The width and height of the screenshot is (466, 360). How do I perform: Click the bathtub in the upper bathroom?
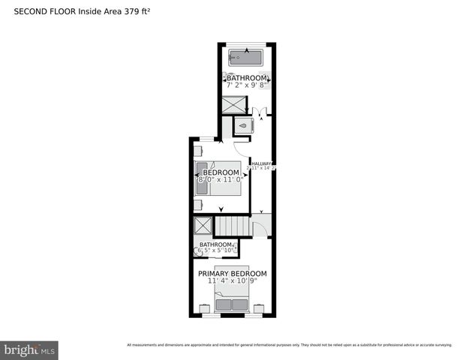click(x=246, y=56)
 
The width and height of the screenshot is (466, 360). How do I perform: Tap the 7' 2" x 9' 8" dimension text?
click(x=247, y=85)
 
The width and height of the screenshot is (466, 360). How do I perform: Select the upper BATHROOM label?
click(x=247, y=78)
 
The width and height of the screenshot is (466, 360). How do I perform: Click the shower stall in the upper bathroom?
click(x=233, y=106)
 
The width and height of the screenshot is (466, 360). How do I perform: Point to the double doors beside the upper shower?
click(x=259, y=112)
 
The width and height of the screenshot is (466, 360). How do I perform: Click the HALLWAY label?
click(x=261, y=163)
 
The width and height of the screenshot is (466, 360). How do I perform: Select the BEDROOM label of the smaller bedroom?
click(x=221, y=172)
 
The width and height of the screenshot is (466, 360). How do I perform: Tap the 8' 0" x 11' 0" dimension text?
click(x=221, y=180)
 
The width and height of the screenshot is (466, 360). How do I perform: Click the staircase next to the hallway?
click(x=231, y=226)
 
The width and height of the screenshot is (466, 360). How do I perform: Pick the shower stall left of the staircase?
click(x=203, y=226)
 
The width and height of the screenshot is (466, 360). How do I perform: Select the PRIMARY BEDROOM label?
click(x=232, y=274)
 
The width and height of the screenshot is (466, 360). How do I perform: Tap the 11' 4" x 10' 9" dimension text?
click(x=232, y=282)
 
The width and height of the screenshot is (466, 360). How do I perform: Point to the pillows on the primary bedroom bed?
click(x=232, y=304)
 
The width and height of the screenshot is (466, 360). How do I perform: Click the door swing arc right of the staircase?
click(x=259, y=229)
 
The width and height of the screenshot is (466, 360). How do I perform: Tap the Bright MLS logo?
click(x=30, y=349)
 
